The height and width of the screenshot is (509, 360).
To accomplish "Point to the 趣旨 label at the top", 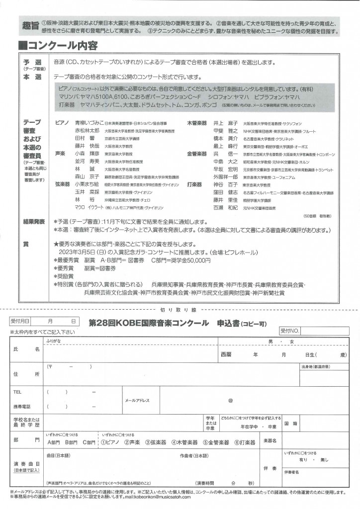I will click(31, 26).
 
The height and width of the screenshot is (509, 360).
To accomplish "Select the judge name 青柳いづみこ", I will click(88, 122).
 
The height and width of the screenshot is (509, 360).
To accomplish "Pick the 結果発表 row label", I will click(34, 221).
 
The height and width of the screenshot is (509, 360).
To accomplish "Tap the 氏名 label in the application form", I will click(27, 349).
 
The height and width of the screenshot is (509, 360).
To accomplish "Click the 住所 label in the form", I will click(27, 374).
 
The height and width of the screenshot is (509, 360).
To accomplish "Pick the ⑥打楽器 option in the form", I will click(243, 441).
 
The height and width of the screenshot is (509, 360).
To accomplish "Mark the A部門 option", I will click(53, 441).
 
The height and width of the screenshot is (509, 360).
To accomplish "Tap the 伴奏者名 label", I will click(292, 472).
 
